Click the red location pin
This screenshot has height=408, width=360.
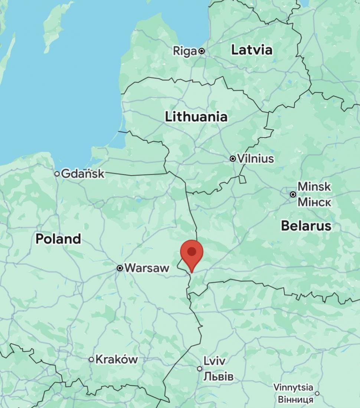192,252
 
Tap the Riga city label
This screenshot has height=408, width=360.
184,51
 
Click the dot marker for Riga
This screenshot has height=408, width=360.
202,51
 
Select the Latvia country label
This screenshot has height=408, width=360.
252,50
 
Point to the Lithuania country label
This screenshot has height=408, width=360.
196,117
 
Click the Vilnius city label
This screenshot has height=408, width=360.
255,159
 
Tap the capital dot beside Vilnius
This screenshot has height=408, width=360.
233,159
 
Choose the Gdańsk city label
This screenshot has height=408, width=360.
83,173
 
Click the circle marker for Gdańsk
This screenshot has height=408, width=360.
57,173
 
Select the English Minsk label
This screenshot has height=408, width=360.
314,186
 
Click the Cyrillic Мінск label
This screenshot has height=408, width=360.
314,202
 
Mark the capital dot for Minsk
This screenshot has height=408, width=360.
293,194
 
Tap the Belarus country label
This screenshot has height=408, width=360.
306,225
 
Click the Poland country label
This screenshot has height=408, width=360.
58,239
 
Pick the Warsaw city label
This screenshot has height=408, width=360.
147,268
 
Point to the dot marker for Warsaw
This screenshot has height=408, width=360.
120,268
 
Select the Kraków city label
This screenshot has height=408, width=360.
117,359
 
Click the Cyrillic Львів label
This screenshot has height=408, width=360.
218,376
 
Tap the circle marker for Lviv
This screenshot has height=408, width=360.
200,369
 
